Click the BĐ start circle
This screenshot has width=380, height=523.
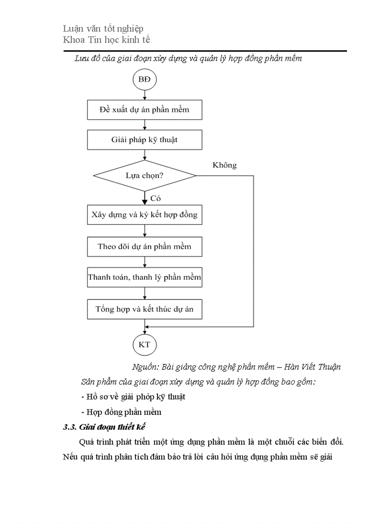tap(145, 80)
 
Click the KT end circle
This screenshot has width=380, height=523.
tap(145, 345)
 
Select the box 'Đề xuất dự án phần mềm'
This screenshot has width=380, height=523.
tap(145, 110)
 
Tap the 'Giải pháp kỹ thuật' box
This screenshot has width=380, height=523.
tap(145, 139)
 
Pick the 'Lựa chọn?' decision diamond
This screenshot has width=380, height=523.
tap(145, 176)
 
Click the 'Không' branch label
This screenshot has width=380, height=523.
tap(224, 165)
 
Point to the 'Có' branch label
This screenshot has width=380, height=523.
tap(155, 198)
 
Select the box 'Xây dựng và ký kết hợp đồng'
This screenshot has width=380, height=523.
tap(145, 215)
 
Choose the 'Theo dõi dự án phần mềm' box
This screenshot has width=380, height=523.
tap(145, 246)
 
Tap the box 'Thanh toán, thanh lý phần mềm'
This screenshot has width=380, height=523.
tap(145, 278)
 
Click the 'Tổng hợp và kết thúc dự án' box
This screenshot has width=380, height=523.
tap(145, 309)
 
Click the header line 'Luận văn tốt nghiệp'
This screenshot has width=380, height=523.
tap(103, 29)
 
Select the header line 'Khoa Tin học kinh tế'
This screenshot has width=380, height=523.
tap(107, 40)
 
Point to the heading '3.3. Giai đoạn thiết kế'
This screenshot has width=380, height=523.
tap(105, 427)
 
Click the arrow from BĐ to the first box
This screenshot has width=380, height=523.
tap(145, 95)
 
